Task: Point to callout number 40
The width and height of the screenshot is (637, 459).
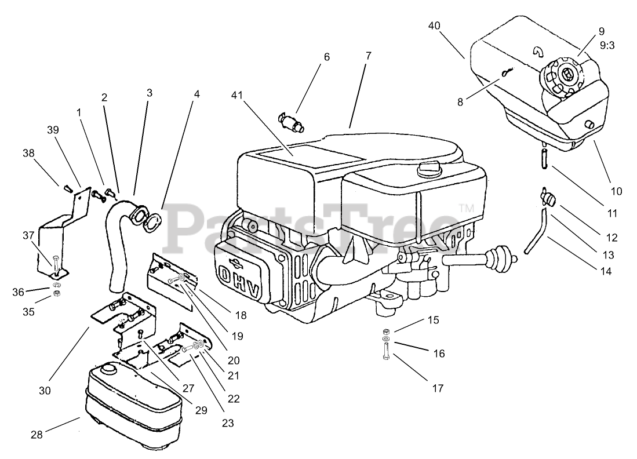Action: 435,25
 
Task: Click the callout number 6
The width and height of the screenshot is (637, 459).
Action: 326,57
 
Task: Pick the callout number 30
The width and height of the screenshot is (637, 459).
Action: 45,391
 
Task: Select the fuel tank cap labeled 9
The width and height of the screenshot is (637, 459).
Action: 564,76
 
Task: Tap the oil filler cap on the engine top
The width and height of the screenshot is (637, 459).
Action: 428,170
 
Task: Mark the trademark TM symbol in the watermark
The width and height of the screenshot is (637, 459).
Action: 465,207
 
